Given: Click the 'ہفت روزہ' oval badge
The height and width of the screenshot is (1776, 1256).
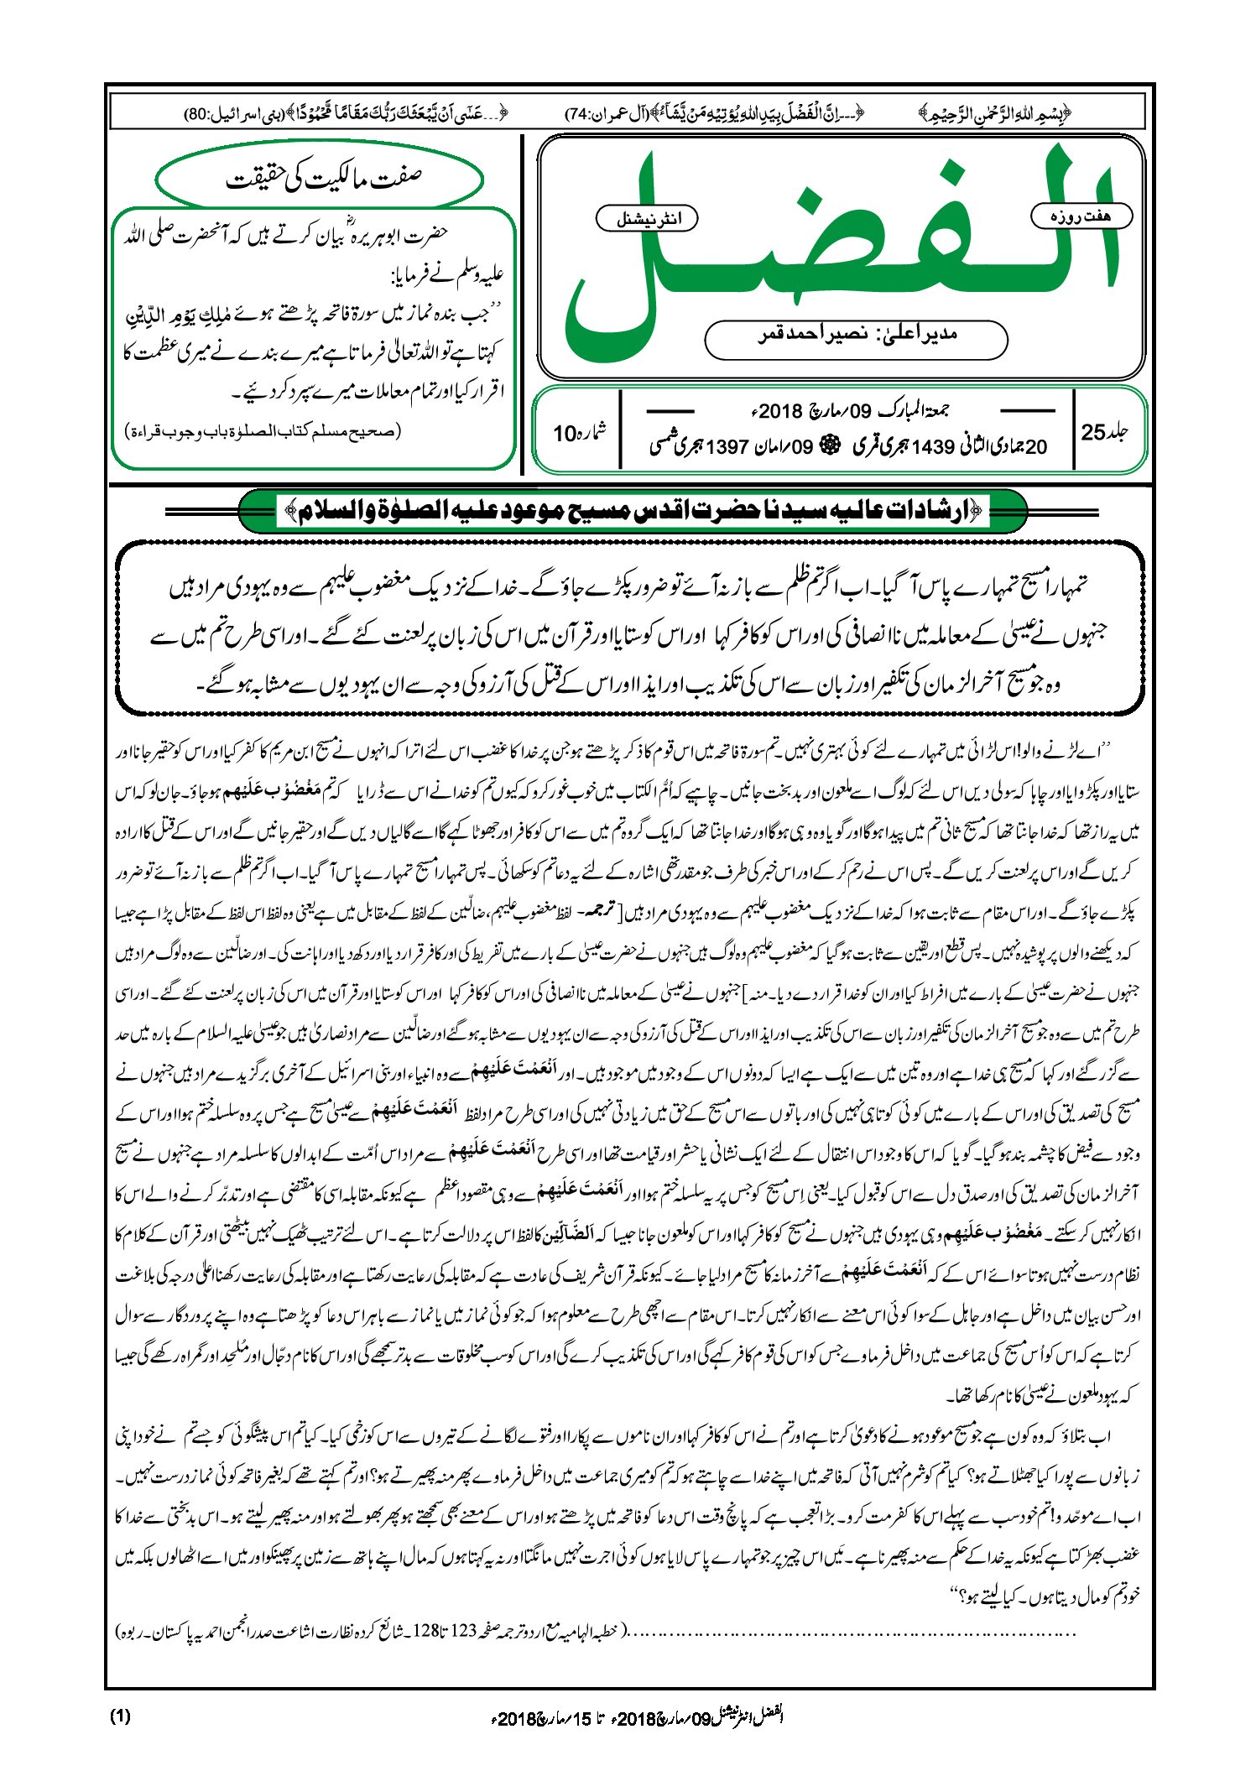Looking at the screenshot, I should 1081,216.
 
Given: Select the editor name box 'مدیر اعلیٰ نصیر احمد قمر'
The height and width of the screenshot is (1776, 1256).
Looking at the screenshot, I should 856,336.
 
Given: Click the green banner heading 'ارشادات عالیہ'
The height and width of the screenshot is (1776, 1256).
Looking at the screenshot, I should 633,511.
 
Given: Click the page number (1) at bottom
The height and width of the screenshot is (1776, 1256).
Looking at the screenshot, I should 120,1716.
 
